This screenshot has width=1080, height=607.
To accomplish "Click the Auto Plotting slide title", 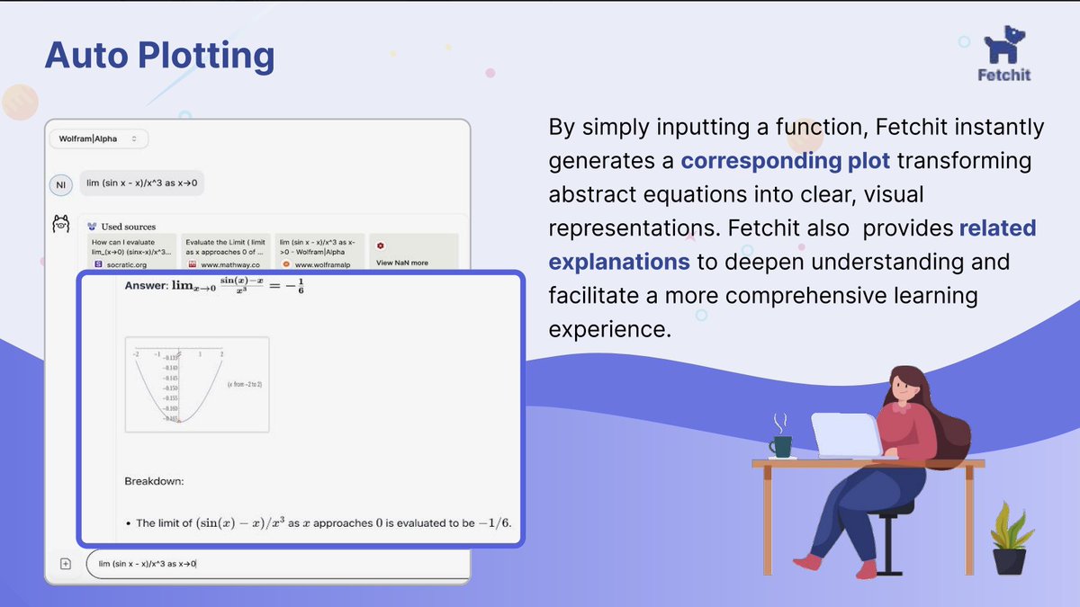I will (x=159, y=56).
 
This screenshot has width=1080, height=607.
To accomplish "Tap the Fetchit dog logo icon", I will (x=1003, y=45).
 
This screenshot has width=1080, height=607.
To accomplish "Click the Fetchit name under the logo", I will (x=1003, y=76).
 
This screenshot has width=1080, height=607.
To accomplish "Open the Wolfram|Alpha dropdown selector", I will (x=99, y=139).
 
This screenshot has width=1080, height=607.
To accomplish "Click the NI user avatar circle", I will (x=61, y=184).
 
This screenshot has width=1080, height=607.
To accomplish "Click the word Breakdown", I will (x=154, y=481).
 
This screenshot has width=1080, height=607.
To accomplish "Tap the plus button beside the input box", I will (x=66, y=564).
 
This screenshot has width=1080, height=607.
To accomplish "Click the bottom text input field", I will (x=270, y=564).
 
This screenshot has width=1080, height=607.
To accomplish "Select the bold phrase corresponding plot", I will (x=785, y=161).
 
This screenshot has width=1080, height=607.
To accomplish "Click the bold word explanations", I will (x=619, y=262).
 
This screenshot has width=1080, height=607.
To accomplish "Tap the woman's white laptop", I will (x=846, y=435).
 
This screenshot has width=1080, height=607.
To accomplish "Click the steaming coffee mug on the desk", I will (x=780, y=446).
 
